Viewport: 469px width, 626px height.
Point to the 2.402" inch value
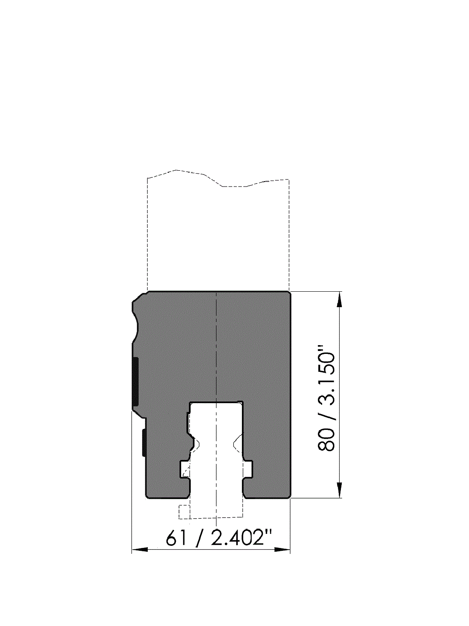pos(241,538)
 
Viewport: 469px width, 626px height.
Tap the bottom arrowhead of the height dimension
pos(339,490)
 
